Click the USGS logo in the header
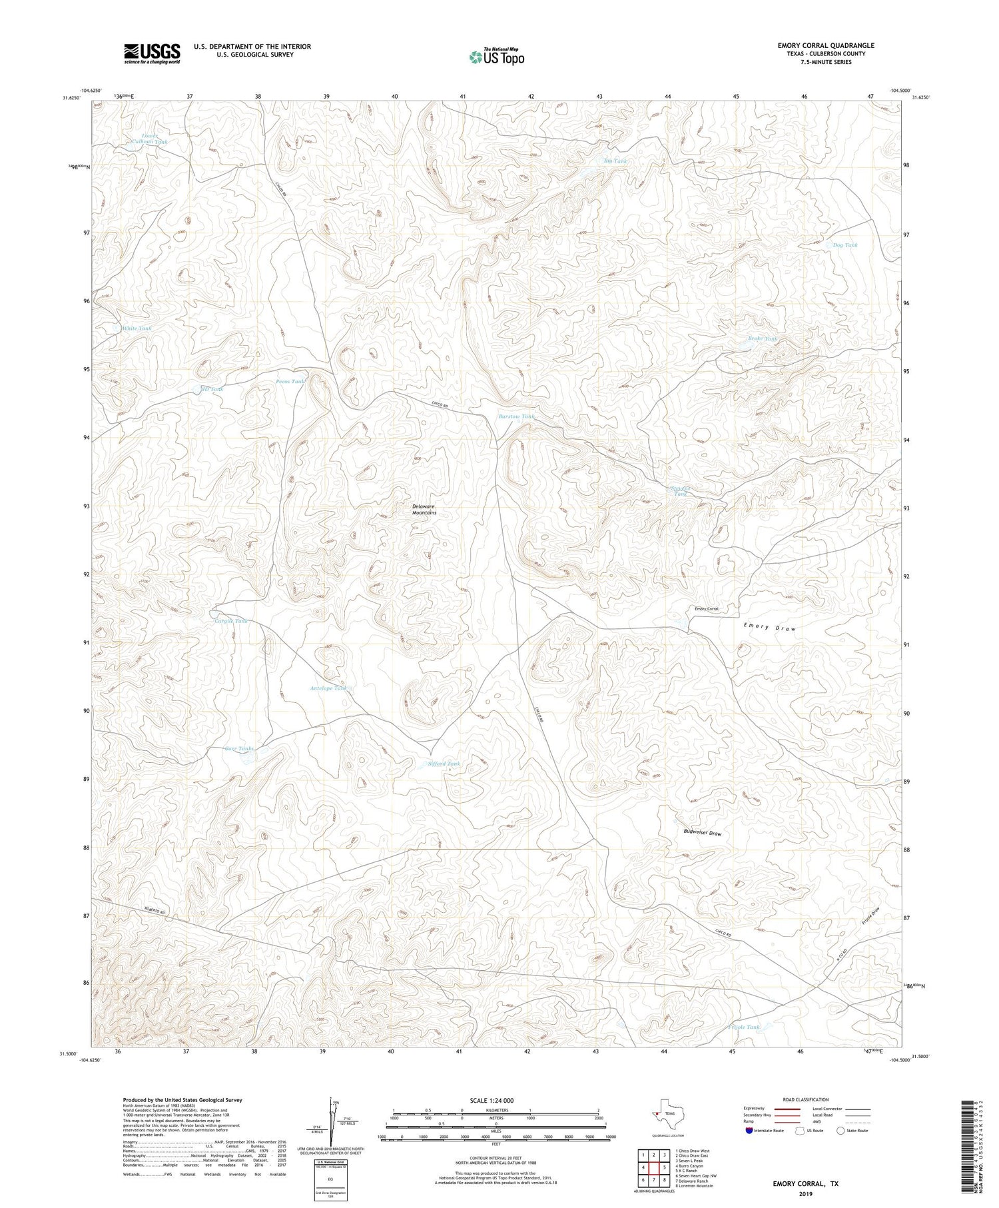click(x=152, y=53)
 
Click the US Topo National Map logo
click(x=497, y=56)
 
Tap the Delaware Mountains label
click(x=424, y=509)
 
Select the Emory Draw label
click(x=769, y=628)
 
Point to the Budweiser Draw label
click(x=703, y=833)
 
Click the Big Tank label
click(x=615, y=161)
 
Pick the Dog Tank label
click(x=845, y=245)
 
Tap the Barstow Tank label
click(x=516, y=416)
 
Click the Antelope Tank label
click(x=328, y=688)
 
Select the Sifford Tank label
click(x=444, y=764)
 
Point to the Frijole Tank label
click(x=743, y=1027)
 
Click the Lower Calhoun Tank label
click(x=149, y=139)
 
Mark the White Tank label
click(x=137, y=328)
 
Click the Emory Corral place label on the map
click(x=706, y=609)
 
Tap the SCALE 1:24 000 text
click(x=493, y=1100)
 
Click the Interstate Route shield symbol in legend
click(x=749, y=1131)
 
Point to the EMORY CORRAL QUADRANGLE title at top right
click(x=826, y=45)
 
